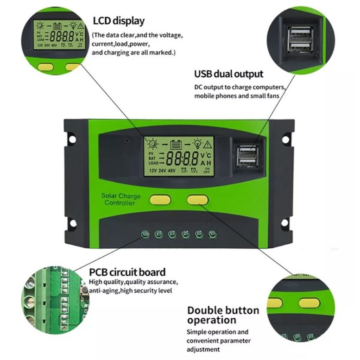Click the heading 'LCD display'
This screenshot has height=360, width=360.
119,21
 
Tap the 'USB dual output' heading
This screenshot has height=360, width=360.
228,74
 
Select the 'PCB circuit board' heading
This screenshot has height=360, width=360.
127,272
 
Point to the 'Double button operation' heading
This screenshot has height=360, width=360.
223,315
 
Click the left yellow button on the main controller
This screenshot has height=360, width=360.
160,200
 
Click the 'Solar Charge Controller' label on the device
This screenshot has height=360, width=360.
120,200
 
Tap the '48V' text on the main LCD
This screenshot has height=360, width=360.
172,171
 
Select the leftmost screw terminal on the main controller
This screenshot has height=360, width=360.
145,234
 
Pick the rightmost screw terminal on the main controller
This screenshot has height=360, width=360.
212,234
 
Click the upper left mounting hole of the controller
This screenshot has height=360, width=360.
72,138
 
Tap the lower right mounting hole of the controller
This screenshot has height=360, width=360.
284,223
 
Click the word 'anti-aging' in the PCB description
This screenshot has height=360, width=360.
104,291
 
